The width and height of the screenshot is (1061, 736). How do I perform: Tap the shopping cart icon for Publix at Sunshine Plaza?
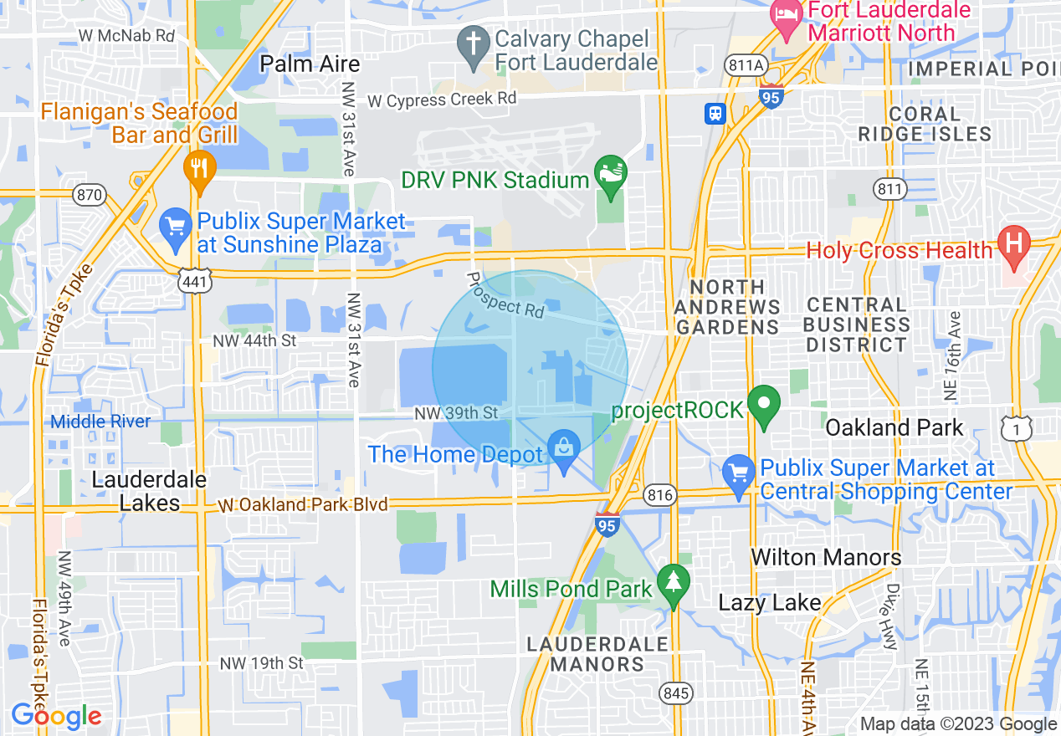pos(176,227)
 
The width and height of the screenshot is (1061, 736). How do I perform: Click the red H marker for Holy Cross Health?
pos(1014,244)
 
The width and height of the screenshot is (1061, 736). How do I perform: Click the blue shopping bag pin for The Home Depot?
pos(565,450)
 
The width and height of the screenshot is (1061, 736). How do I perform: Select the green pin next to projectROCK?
pos(763,405)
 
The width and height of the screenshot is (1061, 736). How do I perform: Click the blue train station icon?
pos(715,113)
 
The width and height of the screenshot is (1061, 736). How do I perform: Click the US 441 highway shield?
pos(194,282)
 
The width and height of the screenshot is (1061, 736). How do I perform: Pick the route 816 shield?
pos(660,496)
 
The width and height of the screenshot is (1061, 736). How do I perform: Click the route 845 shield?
pos(675,692)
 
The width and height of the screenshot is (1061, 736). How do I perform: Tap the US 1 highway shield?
pos(1017,427)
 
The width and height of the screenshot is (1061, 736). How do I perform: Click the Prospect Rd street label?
pos(505,294)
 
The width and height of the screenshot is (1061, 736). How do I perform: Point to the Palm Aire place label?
pos(310,64)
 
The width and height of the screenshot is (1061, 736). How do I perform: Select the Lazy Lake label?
pos(769,603)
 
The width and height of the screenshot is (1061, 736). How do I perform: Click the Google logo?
pos(56,716)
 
